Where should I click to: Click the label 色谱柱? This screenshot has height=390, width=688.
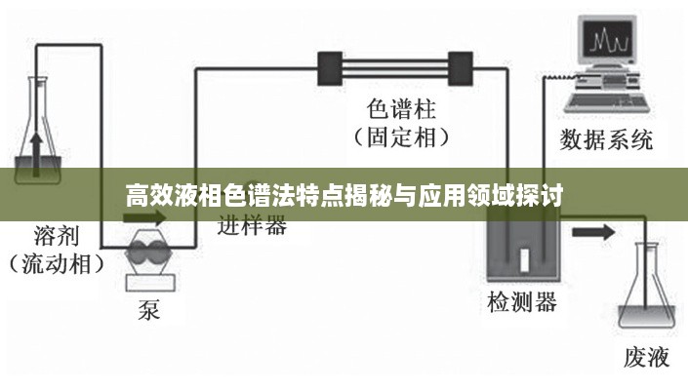coord(401,109)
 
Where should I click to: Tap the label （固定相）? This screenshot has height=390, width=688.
coord(401,137)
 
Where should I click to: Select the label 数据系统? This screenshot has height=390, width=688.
coord(606,140)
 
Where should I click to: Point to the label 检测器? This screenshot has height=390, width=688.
coord(522,302)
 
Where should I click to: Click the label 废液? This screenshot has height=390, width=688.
coord(647,357)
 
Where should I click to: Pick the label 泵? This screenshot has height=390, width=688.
coord(149,310)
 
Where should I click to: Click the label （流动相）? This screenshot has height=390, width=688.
coord(57,264)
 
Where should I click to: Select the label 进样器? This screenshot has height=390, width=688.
coord(253,225)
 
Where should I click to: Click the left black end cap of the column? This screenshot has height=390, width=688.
coord(330,69)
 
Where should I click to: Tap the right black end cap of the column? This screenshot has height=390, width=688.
coord(461,69)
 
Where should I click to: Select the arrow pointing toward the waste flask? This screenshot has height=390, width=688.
coord(593,232)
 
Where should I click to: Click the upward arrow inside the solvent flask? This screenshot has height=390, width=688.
coord(36,155)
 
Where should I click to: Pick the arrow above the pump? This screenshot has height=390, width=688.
coord(144,217)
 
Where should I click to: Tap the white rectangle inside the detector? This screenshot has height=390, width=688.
coord(524,260)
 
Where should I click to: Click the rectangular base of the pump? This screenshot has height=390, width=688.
coord(150,282)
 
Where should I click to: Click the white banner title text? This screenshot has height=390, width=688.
coord(344,195)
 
